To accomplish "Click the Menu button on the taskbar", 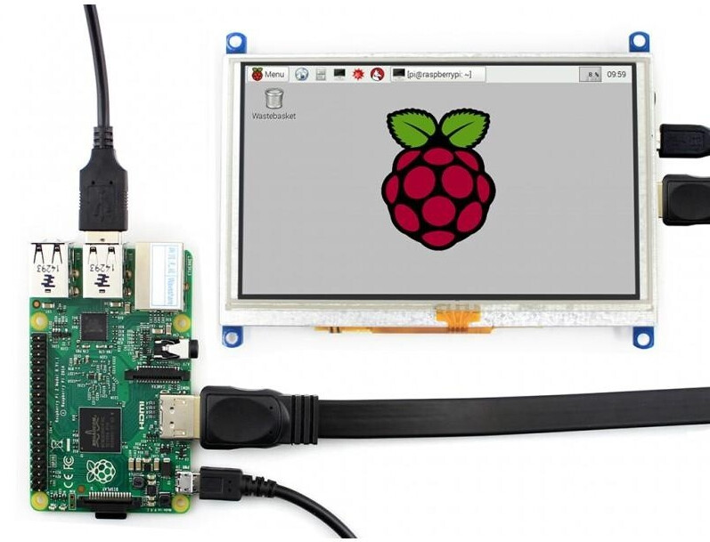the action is [268, 74].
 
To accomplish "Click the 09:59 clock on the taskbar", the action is [616, 74].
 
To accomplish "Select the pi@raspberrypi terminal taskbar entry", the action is [438, 75].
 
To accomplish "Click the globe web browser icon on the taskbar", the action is [301, 74].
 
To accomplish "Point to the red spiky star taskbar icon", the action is [358, 74].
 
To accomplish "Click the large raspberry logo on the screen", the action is [437, 178].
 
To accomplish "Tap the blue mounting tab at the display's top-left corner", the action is [236, 42].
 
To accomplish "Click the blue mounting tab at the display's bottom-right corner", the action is [642, 336].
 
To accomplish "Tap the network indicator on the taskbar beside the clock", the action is [589, 75].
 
